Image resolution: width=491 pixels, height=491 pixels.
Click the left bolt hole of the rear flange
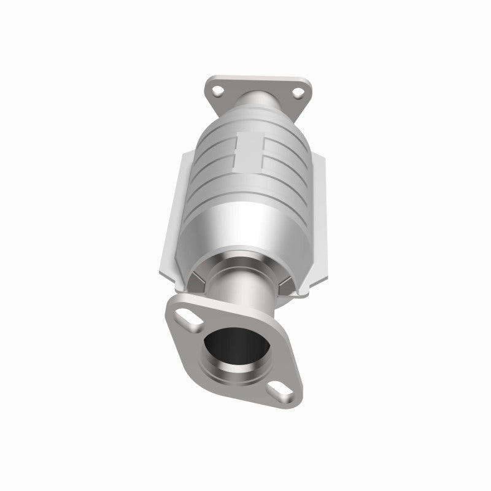click(x=216, y=91)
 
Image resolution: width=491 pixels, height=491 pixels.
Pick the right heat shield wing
click(x=317, y=209)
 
